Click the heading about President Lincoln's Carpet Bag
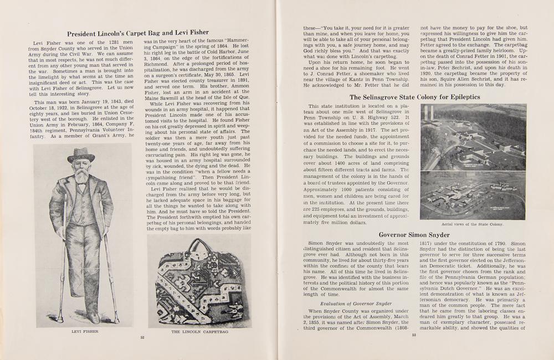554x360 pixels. (x=134, y=33)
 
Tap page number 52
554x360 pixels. (x=142, y=336)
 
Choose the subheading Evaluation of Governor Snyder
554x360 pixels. (x=357, y=303)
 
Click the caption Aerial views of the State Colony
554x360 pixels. (x=465, y=224)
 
